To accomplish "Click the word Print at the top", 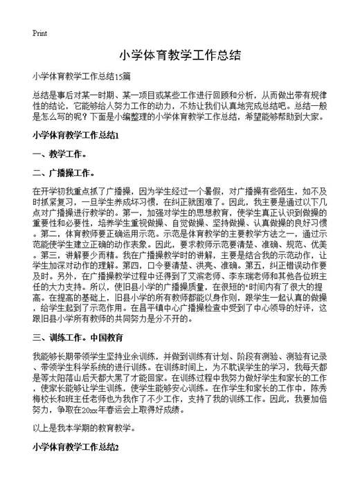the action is pyautogui.click(x=39, y=33).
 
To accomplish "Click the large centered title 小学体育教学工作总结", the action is pyautogui.click(x=179, y=55).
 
